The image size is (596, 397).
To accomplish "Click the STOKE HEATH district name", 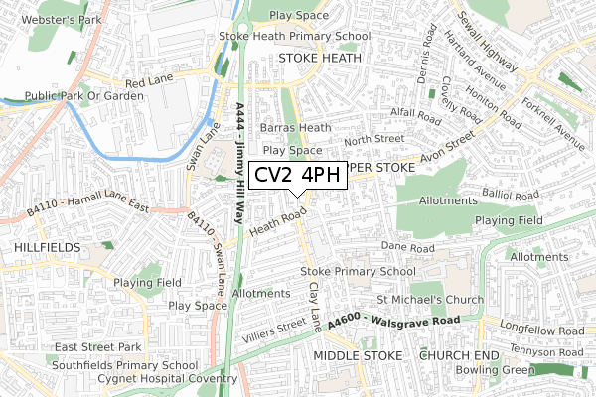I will pyautogui.click(x=320, y=58).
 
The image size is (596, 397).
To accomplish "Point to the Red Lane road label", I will pyautogui.click(x=147, y=84).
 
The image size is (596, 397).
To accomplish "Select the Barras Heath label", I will pyautogui.click(x=295, y=128).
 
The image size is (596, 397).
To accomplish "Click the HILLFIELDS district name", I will pyautogui.click(x=40, y=243).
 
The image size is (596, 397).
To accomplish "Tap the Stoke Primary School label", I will pyautogui.click(x=358, y=271).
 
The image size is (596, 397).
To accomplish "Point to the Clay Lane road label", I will pyautogui.click(x=316, y=305).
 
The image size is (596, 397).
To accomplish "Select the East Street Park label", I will pyautogui.click(x=98, y=347).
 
